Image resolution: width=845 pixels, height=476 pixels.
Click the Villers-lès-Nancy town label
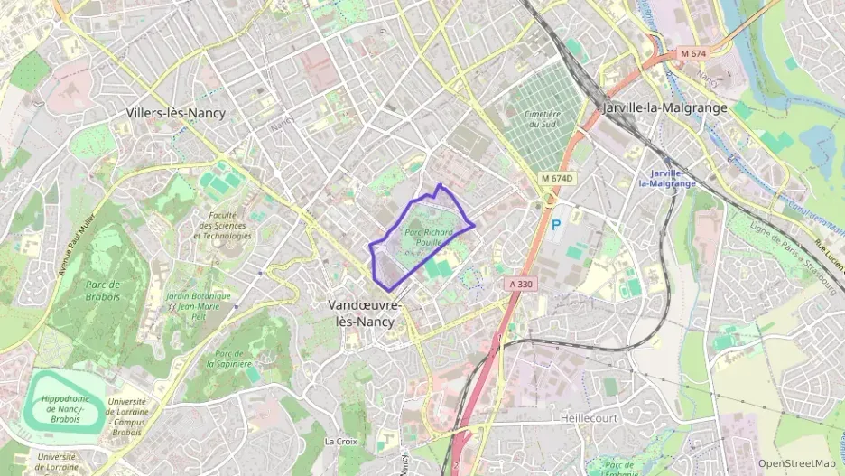[x=175, y=113]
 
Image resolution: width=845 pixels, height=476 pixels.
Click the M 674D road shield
[x=558, y=178]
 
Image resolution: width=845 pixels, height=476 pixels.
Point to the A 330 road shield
[x=523, y=284]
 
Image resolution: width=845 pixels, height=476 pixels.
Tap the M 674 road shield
[x=693, y=53]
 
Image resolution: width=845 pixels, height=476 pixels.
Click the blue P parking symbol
[x=556, y=224]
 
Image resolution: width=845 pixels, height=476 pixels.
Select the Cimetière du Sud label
[x=543, y=119]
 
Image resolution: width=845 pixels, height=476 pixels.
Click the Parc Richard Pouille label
[x=429, y=237]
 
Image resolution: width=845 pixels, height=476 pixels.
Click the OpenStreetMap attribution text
[x=796, y=463]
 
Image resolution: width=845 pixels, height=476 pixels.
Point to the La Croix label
[x=340, y=442]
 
